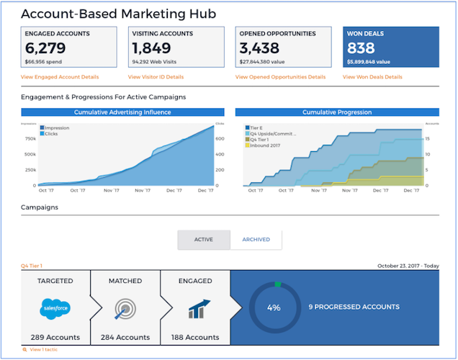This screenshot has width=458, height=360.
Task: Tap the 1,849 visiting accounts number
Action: pyautogui.click(x=151, y=49)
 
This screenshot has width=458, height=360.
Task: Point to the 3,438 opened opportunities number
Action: pyautogui.click(x=261, y=49)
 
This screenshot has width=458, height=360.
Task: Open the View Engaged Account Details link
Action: pyautogui.click(x=60, y=76)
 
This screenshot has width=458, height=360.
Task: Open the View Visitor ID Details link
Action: pyautogui.click(x=156, y=76)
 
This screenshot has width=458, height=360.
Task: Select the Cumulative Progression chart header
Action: pyautogui.click(x=336, y=112)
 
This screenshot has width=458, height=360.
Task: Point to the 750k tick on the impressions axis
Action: pyautogui.click(x=30, y=138)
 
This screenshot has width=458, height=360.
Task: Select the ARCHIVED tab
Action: pyautogui.click(x=256, y=240)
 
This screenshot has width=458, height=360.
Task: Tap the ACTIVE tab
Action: pyautogui.click(x=204, y=240)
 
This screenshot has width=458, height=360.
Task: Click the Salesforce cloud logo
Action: pyautogui.click(x=55, y=309)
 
